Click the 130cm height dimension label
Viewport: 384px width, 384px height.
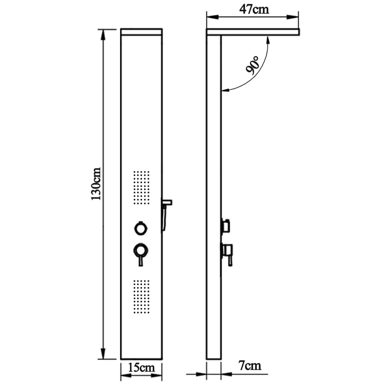pos(96,184)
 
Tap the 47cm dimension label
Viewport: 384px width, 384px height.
pos(254,9)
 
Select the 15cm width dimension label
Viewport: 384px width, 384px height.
pos(141,367)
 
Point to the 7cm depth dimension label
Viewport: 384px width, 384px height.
pos(250,366)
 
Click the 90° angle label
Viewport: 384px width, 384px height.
pos(252,65)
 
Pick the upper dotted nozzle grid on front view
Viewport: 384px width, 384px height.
pos(141,187)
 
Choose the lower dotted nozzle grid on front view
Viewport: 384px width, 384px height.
pos(141,297)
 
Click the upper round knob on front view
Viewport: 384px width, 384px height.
pos(141,228)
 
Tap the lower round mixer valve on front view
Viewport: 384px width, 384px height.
pos(141,250)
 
